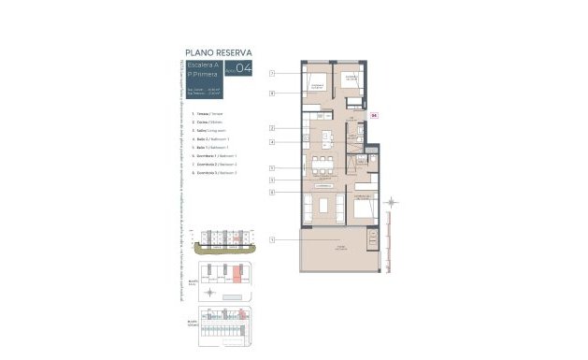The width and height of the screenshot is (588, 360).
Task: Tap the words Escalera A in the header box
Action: (x=203, y=65)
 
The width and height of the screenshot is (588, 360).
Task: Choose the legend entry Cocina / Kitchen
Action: (x=204, y=122)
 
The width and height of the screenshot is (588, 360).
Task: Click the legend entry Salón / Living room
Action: (x=206, y=131)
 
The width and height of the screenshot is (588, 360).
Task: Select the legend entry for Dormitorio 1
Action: (x=210, y=156)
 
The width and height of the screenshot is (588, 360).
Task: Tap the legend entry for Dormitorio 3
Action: (x=210, y=173)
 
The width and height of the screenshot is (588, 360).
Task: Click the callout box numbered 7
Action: (x=271, y=73)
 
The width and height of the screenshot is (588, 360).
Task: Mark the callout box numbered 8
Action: (x=271, y=94)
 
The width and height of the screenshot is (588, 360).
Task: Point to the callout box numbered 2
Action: (x=271, y=127)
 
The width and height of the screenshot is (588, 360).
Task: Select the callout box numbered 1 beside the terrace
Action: (x=271, y=239)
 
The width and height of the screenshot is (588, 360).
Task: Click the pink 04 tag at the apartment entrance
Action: (x=374, y=115)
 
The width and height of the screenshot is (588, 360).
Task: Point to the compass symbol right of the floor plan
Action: (x=393, y=201)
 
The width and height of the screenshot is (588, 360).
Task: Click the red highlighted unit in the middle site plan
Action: (x=238, y=274)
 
